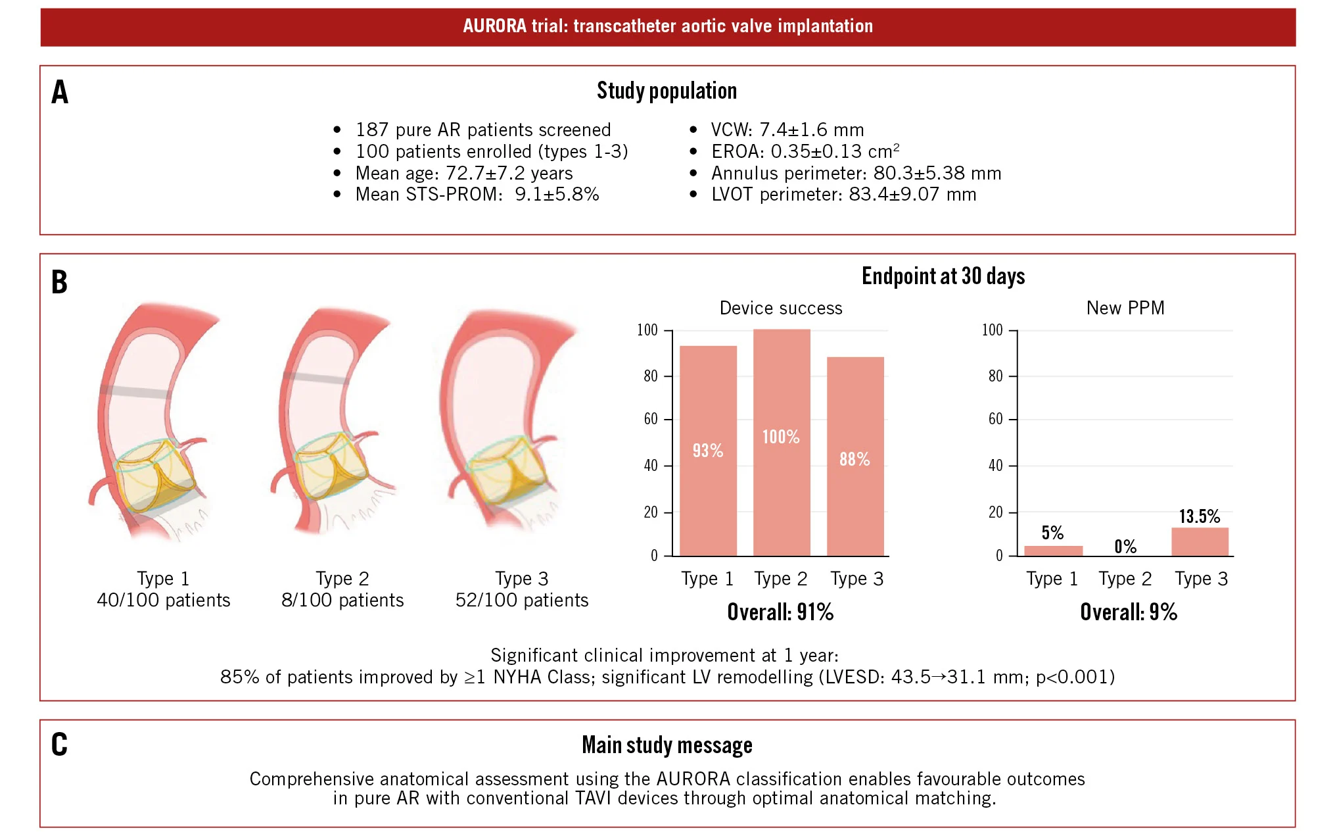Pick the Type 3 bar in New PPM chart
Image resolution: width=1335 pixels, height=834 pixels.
click(x=1200, y=541)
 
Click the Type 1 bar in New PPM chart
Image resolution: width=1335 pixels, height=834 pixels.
click(x=1053, y=551)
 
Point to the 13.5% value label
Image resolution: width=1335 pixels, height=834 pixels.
click(x=1199, y=516)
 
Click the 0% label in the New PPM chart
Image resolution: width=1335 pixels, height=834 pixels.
click(x=1125, y=547)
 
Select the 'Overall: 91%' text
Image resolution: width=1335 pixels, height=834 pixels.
click(x=780, y=612)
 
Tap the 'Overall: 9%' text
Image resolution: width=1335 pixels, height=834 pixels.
click(x=1129, y=612)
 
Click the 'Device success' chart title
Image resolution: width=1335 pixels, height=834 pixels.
click(x=781, y=308)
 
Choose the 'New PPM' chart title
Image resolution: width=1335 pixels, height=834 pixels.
click(x=1125, y=308)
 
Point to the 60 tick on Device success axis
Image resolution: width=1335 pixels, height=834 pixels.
click(x=651, y=419)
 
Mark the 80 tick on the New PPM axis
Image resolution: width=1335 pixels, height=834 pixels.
click(x=996, y=376)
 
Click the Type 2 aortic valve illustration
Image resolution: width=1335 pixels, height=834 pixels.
click(x=333, y=421)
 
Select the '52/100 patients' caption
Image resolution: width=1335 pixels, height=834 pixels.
click(x=522, y=600)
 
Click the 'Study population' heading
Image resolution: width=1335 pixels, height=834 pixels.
click(x=667, y=91)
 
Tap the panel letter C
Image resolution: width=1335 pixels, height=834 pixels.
click(x=59, y=745)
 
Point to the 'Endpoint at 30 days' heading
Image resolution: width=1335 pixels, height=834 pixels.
click(x=943, y=276)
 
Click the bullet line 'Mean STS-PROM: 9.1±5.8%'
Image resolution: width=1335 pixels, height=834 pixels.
click(x=477, y=195)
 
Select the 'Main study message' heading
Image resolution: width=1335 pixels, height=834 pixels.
click(x=667, y=745)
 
